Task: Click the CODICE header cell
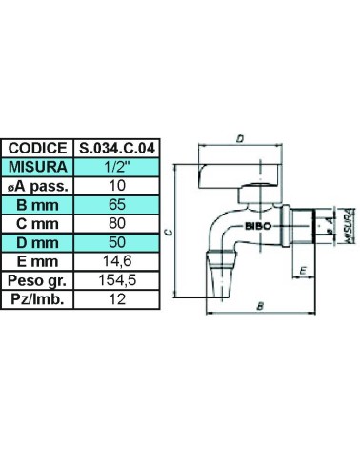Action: (37, 148)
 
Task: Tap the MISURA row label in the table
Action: (37, 167)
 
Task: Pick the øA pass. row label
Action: (37, 185)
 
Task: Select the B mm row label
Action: (37, 204)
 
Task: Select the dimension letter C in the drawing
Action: (168, 232)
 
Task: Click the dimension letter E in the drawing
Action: (302, 274)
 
